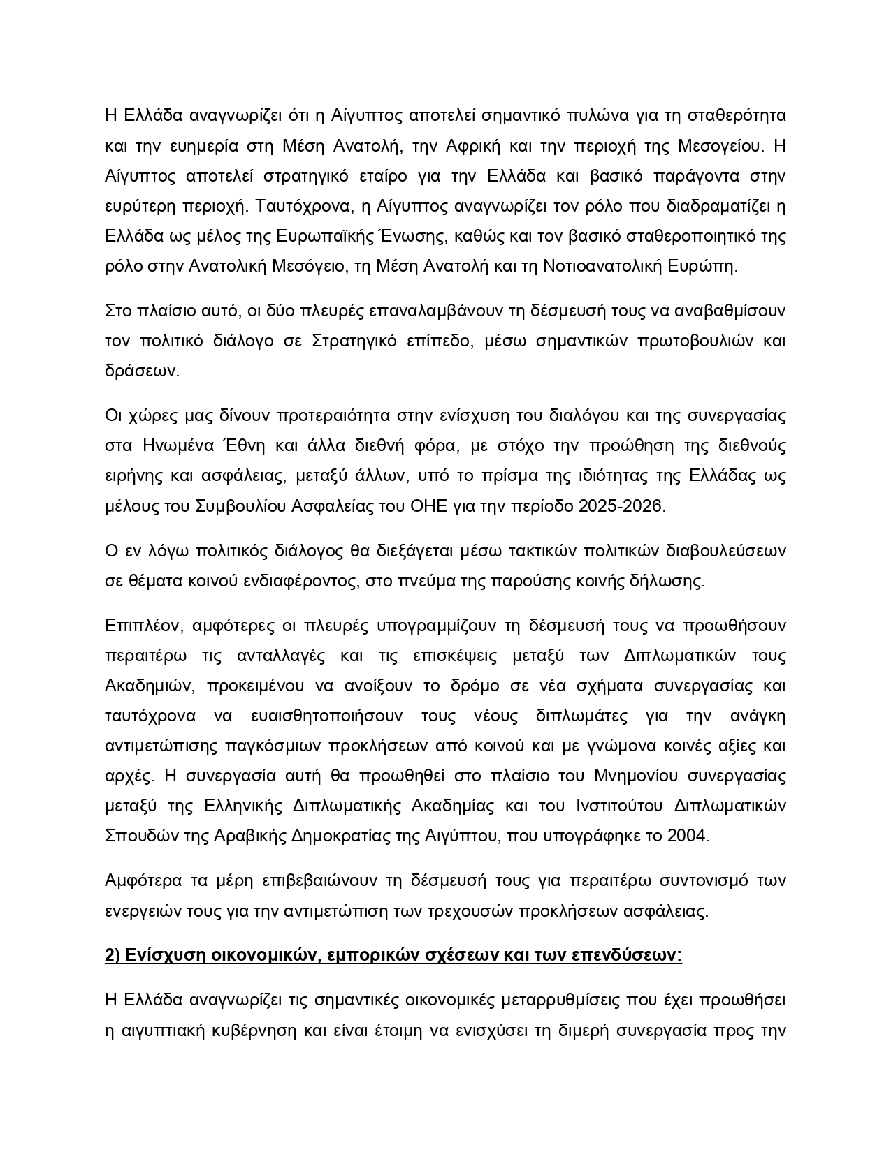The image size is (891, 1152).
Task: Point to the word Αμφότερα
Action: [x=143, y=881]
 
